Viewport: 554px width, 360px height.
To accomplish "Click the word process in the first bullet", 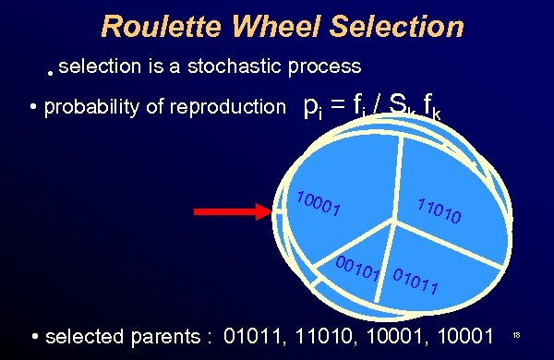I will (x=323, y=66).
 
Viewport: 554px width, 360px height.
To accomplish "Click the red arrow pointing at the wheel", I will (x=231, y=211).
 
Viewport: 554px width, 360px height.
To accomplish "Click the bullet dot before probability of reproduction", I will (x=33, y=108).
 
